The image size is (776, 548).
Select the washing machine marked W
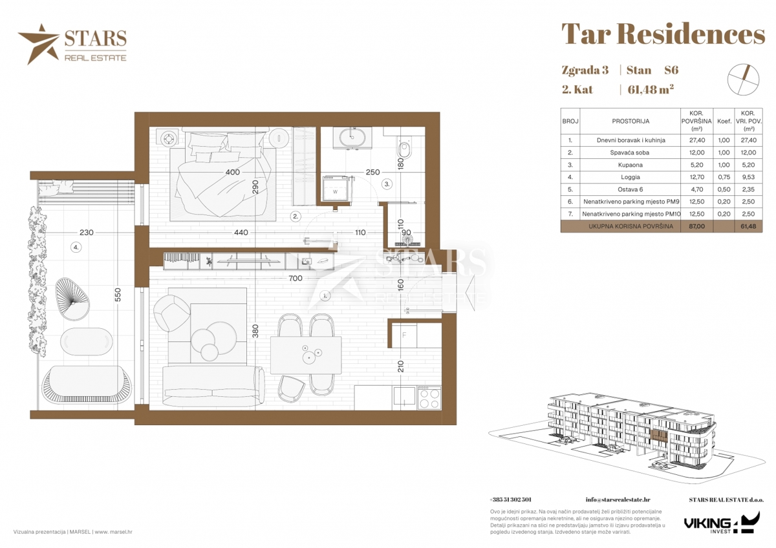point(335,189)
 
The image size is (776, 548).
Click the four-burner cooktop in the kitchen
point(429,399)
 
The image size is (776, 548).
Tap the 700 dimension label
point(295,278)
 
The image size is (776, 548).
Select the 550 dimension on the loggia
point(118,295)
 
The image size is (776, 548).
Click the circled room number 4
point(76,247)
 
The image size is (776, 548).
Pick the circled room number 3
point(387,184)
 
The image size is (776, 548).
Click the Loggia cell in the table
point(630,177)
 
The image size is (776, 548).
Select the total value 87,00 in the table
point(696,226)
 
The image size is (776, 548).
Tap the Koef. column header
point(724,121)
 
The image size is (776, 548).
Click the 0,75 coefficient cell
point(724,177)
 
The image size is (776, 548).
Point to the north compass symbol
point(744,79)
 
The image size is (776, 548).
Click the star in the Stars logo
point(39,43)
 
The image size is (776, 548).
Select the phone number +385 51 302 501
point(510,500)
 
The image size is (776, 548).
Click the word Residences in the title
point(691,35)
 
